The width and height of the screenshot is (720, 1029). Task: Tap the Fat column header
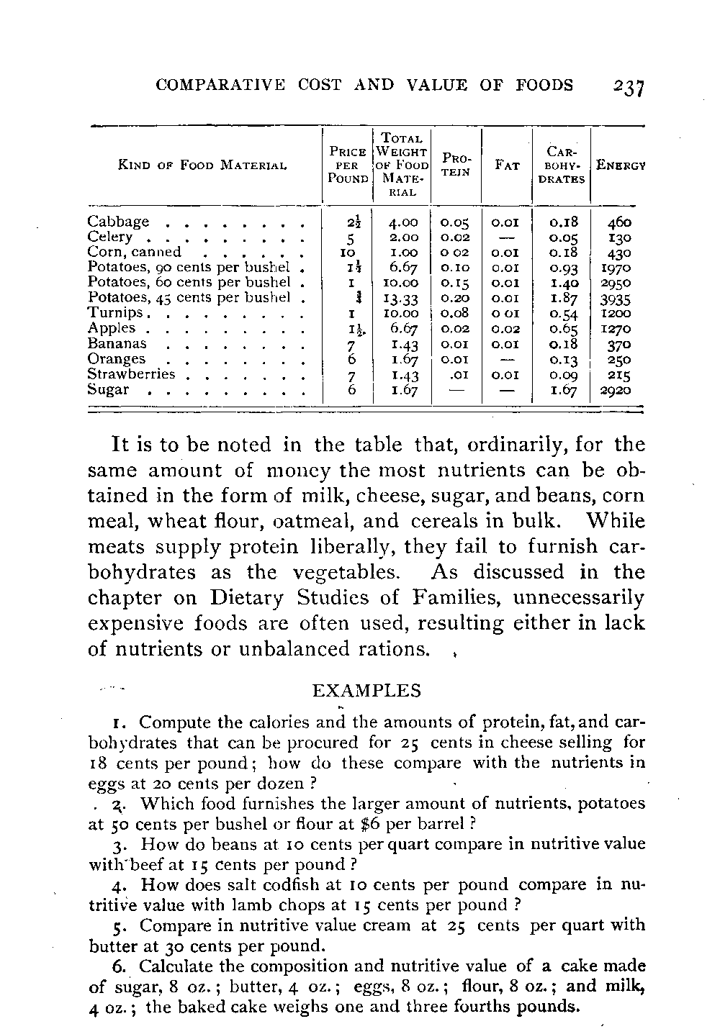pyautogui.click(x=507, y=166)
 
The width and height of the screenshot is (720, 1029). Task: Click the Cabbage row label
pyautogui.click(x=118, y=222)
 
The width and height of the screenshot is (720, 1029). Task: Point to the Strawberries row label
pyautogui.click(x=131, y=374)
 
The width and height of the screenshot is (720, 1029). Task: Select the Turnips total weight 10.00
pyautogui.click(x=401, y=314)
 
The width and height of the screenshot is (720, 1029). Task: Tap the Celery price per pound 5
pyautogui.click(x=348, y=237)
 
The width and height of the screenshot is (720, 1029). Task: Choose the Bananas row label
pyautogui.click(x=117, y=344)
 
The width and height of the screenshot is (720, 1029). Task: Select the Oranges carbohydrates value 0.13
pyautogui.click(x=562, y=360)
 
